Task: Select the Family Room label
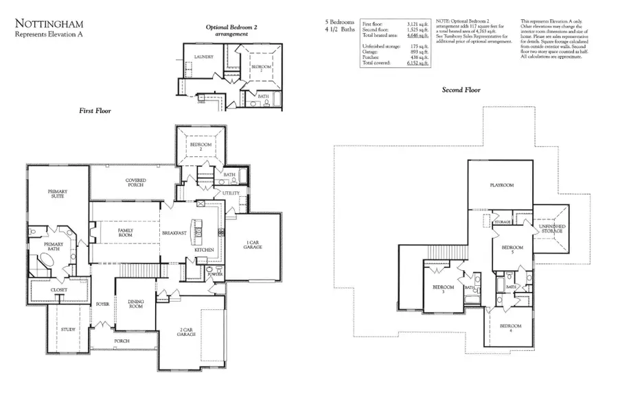pos(125,233)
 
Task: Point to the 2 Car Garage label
pos(186,332)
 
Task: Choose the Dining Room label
pos(136,304)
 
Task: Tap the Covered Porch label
pos(136,182)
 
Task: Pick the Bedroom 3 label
pos(442,289)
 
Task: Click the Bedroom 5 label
pos(512,250)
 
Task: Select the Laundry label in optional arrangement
pos(204,57)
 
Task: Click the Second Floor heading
pos(461,90)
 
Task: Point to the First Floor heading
pos(94,110)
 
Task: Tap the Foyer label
pos(103,303)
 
